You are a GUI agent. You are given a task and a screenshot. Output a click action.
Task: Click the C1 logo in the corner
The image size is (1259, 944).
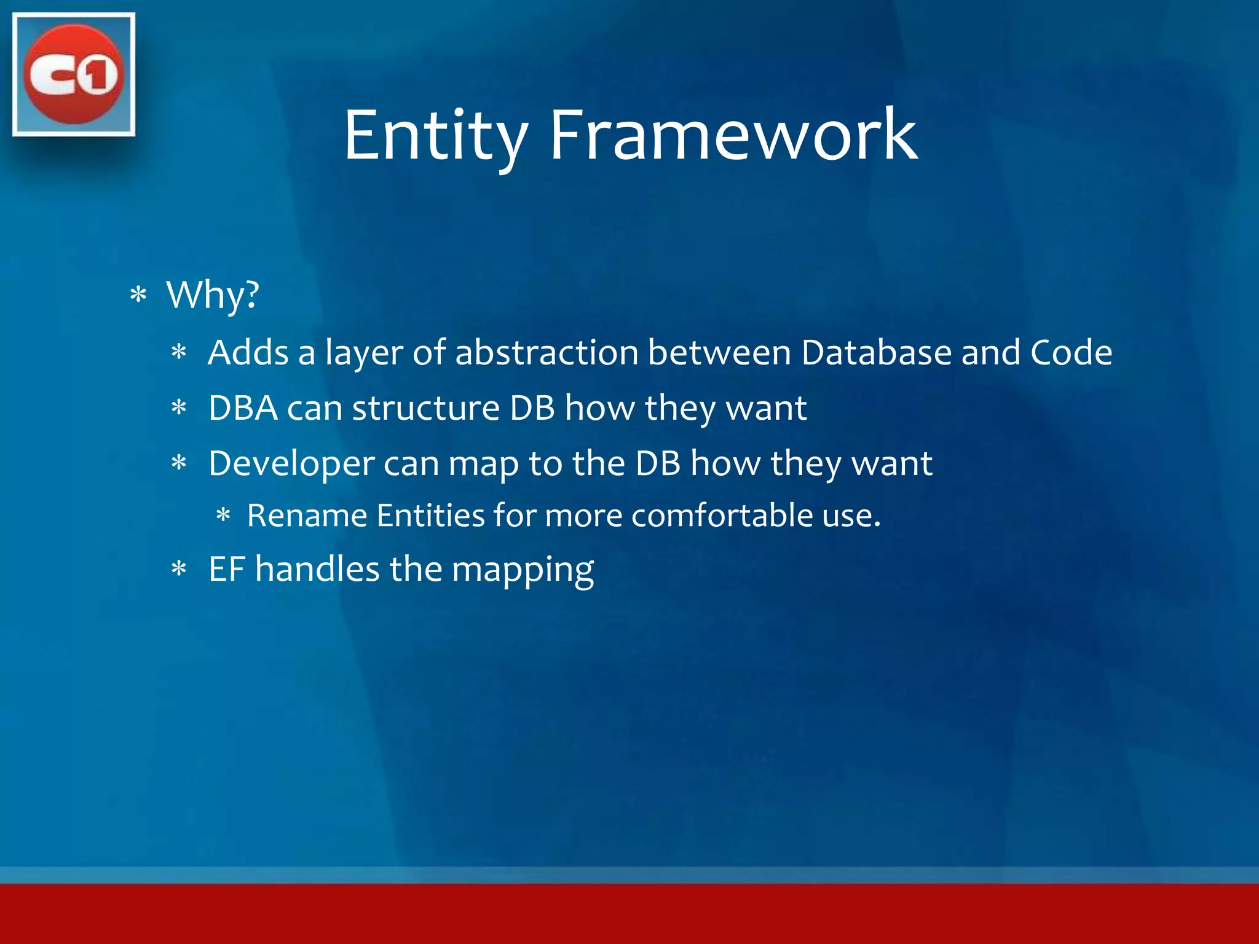74,74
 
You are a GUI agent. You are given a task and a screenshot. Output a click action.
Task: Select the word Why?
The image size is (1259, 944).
213,295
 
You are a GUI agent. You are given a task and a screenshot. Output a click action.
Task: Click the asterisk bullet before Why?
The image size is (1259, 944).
138,296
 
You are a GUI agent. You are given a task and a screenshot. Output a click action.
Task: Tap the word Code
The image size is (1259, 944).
1071,353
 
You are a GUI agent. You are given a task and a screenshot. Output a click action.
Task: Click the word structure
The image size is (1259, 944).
425,408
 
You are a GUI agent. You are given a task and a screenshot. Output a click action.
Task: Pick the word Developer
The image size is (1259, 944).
291,464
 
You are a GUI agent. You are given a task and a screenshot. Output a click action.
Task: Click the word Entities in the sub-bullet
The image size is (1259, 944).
430,515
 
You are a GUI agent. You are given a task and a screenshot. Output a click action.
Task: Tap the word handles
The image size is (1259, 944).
317,568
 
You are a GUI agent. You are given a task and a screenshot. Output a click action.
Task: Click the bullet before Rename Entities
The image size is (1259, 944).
223,515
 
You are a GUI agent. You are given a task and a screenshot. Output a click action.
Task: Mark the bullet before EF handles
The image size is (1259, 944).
179,569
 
